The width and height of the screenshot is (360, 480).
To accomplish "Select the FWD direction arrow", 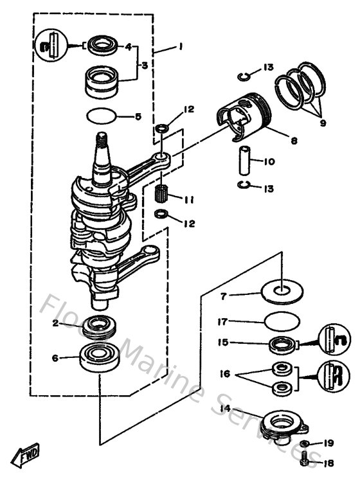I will pos(24,457).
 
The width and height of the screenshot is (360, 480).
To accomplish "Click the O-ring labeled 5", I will pos(101,118).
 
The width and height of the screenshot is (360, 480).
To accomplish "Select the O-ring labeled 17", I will pos(282,320).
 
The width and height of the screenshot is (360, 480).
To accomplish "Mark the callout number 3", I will pos(144,65).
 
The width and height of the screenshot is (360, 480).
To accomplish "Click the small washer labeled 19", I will pos(305,443).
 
